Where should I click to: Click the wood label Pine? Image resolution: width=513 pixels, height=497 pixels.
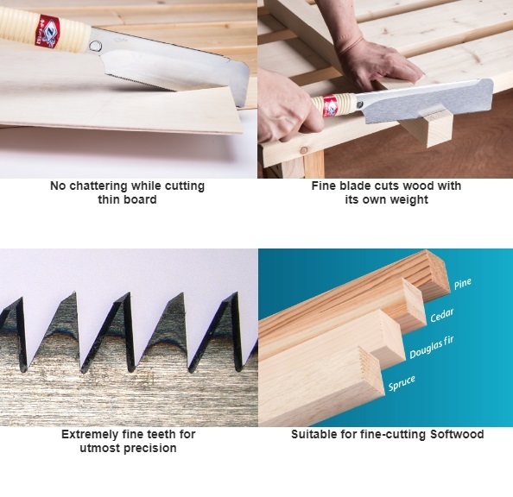(x=462, y=284)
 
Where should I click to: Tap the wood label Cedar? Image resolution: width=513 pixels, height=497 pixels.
(x=441, y=315)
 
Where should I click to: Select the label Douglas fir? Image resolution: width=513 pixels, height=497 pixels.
(x=432, y=347)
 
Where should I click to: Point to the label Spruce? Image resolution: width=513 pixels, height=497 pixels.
(x=402, y=383)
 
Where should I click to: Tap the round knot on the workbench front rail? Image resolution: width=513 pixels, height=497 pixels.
(x=304, y=150)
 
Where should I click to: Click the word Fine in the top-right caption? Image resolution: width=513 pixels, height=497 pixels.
(x=324, y=186)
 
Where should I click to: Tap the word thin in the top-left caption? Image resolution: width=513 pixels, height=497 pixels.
(x=110, y=199)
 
